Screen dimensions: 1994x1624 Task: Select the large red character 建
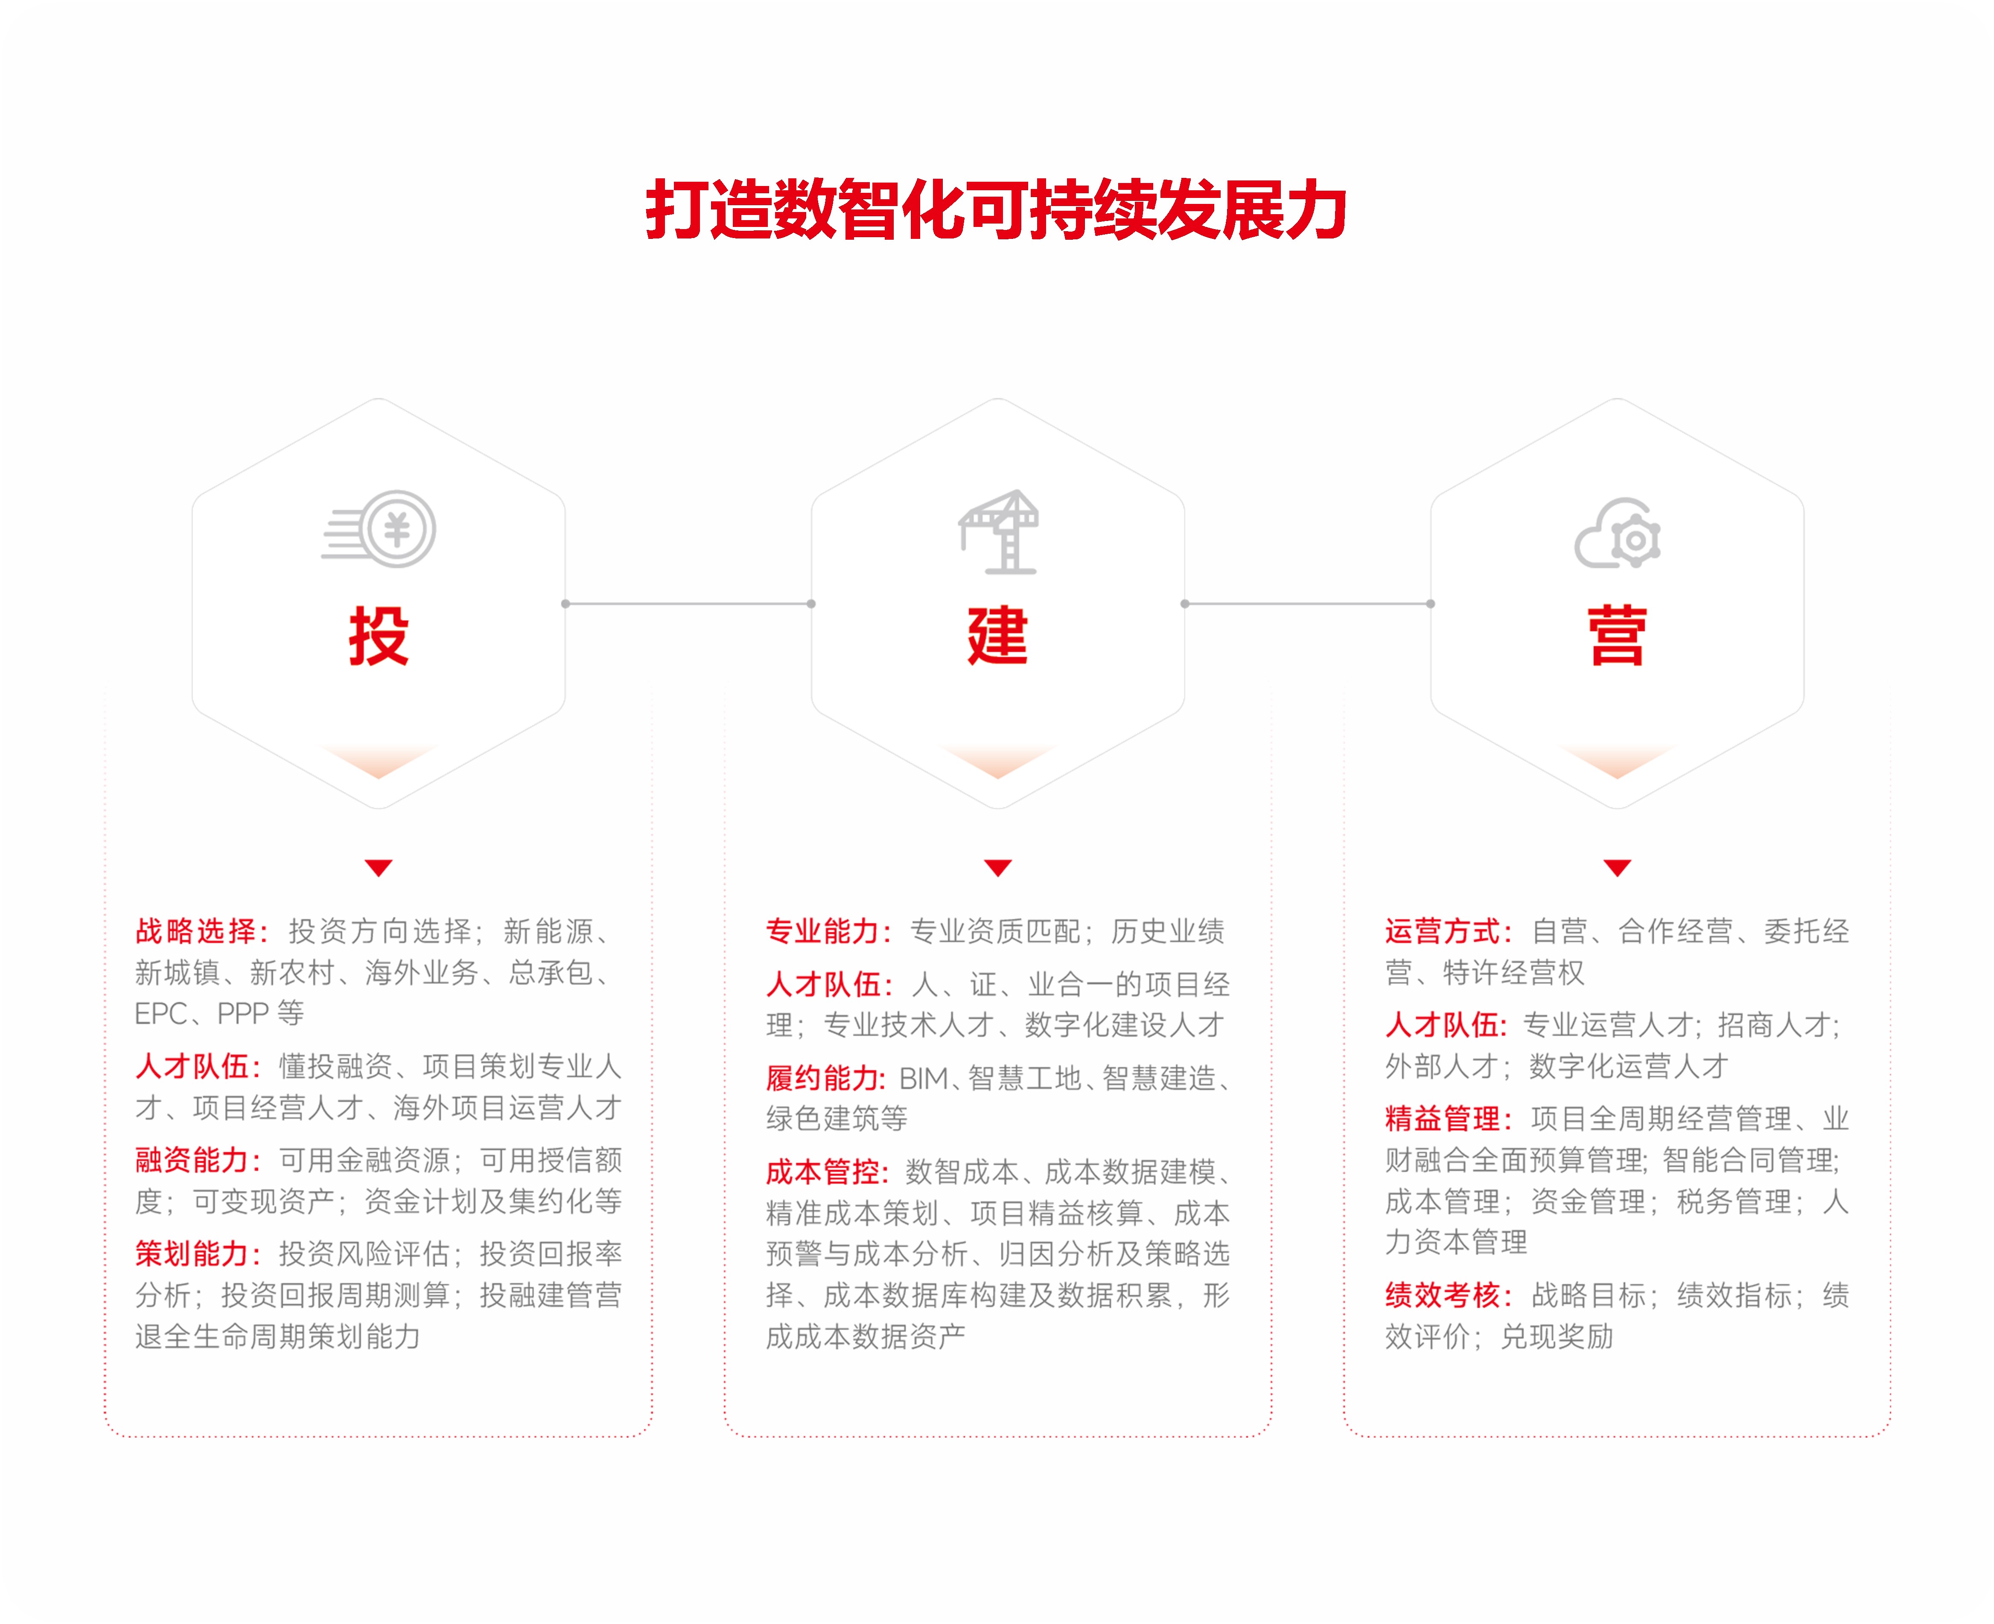[x=997, y=636]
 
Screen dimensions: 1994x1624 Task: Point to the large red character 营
[x=1617, y=636]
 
